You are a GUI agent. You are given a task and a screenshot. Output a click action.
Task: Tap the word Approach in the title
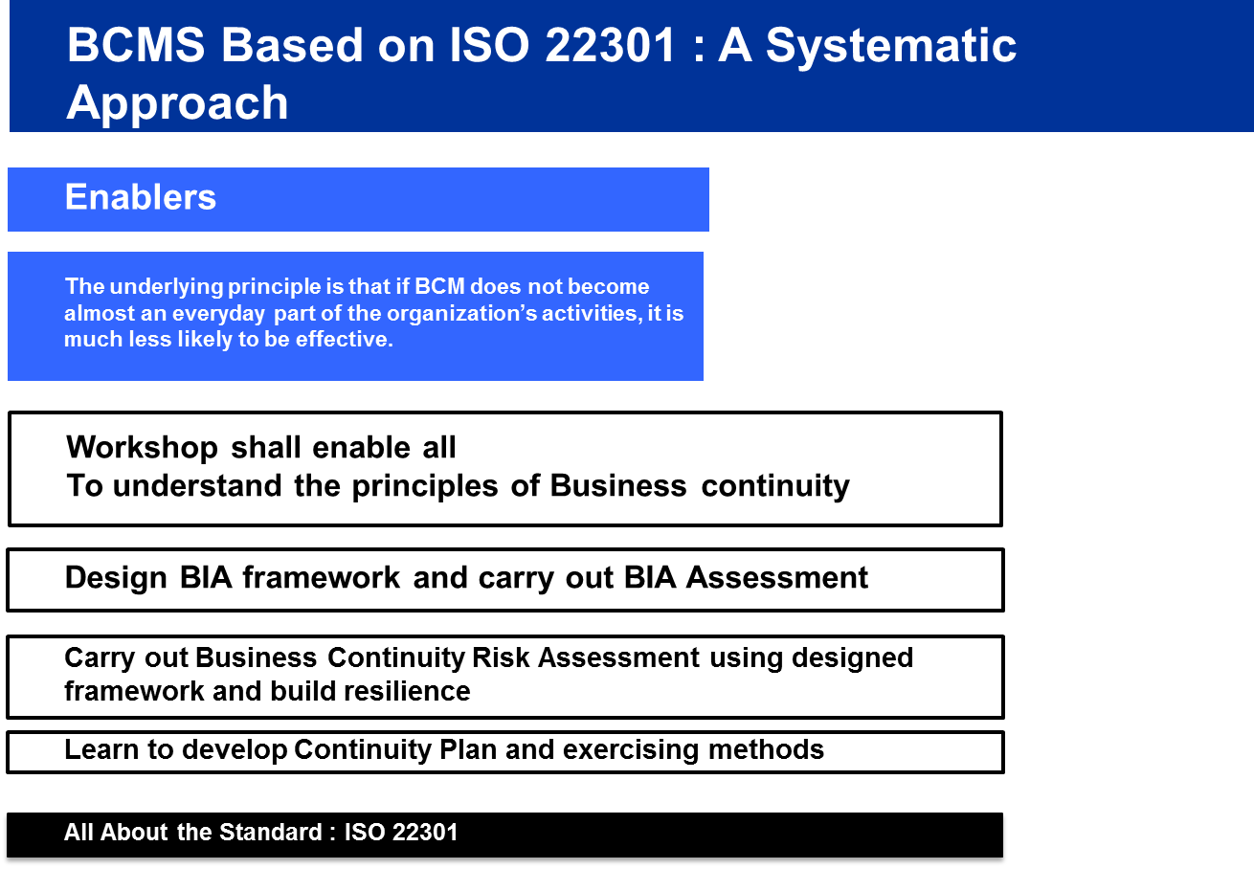pyautogui.click(x=177, y=103)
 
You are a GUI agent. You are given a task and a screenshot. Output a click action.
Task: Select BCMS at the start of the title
pyautogui.click(x=136, y=45)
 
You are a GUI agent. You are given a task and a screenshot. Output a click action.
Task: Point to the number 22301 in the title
pyautogui.click(x=610, y=45)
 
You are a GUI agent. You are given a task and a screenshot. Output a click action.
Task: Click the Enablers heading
pyautogui.click(x=141, y=197)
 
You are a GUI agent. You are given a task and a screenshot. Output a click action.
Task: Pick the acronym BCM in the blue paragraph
pyautogui.click(x=439, y=286)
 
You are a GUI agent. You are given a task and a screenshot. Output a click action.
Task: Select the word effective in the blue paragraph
pyautogui.click(x=345, y=339)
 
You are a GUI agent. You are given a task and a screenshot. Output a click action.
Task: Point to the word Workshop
pyautogui.click(x=142, y=448)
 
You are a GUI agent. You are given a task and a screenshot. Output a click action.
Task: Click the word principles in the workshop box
pyautogui.click(x=424, y=486)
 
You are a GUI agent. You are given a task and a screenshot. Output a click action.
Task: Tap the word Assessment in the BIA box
pyautogui.click(x=777, y=577)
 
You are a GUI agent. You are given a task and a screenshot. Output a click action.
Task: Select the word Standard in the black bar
pyautogui.click(x=270, y=832)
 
